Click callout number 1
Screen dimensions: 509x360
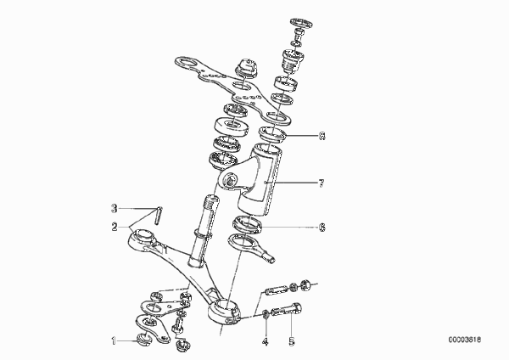click(114, 341)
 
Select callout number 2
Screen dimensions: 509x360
click(115, 227)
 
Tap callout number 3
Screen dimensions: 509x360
click(114, 208)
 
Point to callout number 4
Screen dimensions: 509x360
click(266, 341)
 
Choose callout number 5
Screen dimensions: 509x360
click(292, 341)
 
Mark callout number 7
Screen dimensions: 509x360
click(321, 183)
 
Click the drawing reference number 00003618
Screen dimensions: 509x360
click(465, 340)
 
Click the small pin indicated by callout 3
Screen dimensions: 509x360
click(158, 216)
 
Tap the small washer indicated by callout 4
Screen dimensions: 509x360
click(266, 313)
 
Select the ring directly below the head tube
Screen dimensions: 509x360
click(248, 224)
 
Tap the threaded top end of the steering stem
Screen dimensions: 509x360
click(212, 203)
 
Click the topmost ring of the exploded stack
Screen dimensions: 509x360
click(301, 23)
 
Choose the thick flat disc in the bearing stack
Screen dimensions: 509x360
click(232, 127)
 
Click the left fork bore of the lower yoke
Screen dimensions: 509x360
click(143, 234)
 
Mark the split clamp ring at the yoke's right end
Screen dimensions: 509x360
click(224, 312)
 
